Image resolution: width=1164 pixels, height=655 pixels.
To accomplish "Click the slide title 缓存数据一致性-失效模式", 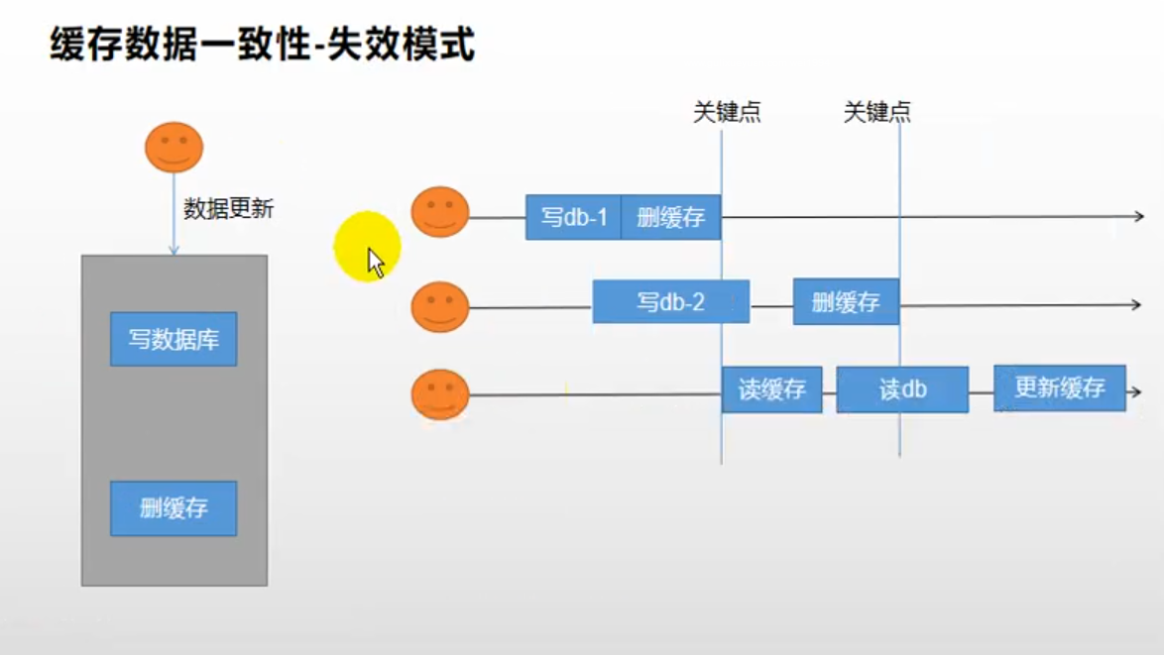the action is click(262, 44).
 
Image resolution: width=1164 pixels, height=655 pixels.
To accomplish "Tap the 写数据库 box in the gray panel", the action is click(174, 339).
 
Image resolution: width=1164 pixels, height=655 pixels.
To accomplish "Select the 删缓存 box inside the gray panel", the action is click(174, 508).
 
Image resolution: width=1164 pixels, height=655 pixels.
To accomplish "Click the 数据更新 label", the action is click(229, 208).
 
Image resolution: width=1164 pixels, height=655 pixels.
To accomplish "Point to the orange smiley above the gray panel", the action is click(174, 148).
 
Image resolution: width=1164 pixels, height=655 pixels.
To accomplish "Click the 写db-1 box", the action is click(573, 217).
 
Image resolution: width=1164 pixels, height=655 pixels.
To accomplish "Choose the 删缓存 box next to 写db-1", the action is click(671, 217).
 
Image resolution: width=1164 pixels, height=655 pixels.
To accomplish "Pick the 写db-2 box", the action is click(671, 302).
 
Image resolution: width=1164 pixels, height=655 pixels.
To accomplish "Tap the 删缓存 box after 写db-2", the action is click(847, 302).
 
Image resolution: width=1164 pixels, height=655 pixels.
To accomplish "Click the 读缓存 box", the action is click(772, 389).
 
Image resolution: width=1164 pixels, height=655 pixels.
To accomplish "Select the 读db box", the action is click(902, 389).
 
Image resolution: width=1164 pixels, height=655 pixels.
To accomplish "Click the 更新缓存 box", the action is click(1060, 387).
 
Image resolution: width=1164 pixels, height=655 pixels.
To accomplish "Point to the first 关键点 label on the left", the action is click(727, 112).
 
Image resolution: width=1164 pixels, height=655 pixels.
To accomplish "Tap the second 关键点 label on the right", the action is click(876, 112).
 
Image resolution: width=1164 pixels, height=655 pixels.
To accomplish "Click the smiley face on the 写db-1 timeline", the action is click(440, 212).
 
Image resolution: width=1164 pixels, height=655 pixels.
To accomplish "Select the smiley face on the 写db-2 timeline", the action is click(440, 307).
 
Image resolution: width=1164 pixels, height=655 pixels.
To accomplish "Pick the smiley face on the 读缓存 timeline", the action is click(440, 394).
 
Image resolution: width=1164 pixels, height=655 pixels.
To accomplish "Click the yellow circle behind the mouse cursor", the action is click(367, 247).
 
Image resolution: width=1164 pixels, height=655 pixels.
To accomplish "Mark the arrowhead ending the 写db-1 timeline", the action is click(1139, 216).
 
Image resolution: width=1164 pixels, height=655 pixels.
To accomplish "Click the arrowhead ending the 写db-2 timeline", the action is click(1136, 304).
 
